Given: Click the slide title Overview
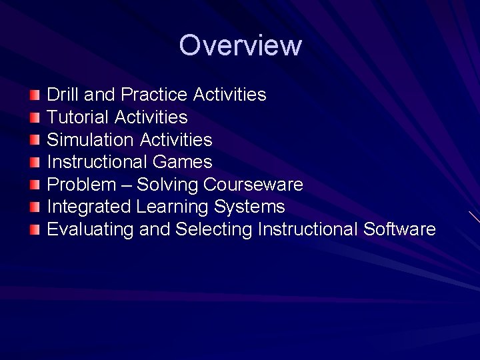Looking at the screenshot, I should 240,45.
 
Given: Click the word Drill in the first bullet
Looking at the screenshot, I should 62,95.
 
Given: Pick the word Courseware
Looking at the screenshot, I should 253,185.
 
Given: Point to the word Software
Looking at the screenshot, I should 399,230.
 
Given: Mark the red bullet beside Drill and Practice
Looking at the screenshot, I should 35,95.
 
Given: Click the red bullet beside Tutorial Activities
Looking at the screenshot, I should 35,117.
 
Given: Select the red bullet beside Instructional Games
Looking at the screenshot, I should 35,162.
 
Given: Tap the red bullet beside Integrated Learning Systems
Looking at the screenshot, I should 35,207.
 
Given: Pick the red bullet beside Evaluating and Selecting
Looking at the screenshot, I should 35,230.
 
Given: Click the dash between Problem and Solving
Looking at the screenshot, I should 126,185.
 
